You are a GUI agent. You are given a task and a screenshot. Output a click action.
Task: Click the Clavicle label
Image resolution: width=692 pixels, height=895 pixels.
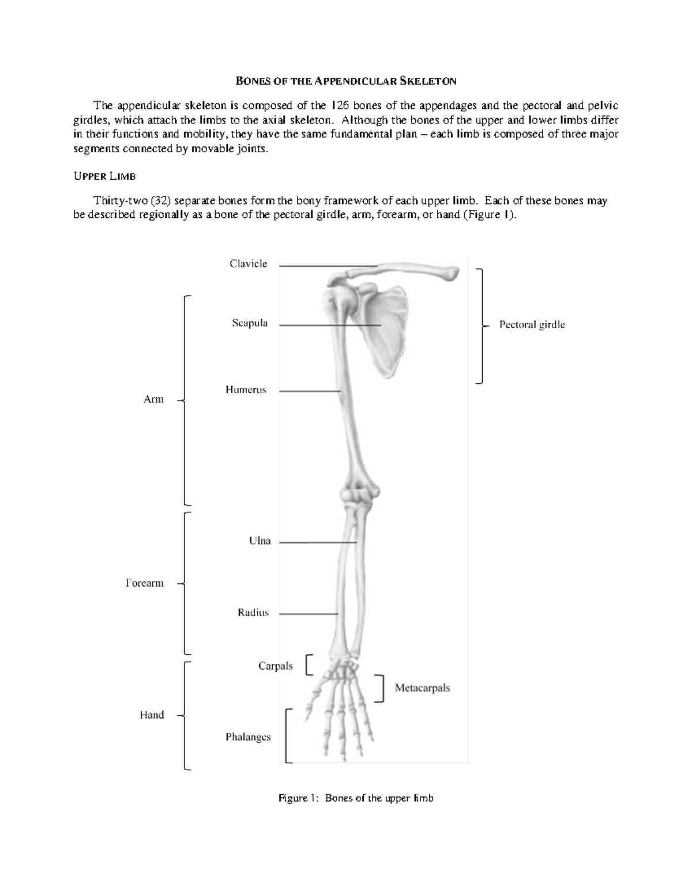click(x=248, y=264)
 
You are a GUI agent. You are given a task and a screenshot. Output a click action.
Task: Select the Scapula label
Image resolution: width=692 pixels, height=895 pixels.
click(x=250, y=323)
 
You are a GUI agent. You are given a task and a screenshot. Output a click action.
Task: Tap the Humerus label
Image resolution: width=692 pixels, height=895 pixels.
click(x=246, y=390)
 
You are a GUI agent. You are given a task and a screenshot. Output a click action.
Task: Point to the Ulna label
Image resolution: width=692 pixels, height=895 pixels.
click(x=259, y=542)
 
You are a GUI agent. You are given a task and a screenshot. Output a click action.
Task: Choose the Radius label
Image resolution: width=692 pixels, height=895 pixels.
click(x=253, y=613)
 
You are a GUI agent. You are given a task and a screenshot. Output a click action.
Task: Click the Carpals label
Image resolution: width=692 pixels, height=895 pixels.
click(x=275, y=666)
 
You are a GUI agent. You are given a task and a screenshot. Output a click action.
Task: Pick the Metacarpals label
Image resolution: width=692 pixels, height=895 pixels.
click(x=422, y=688)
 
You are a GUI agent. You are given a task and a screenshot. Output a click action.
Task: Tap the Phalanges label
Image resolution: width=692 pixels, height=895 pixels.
click(x=248, y=737)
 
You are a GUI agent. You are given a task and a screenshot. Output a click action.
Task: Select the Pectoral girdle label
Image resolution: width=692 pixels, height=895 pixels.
click(x=532, y=325)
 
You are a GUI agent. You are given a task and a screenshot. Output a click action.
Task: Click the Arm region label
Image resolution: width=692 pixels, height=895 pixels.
click(x=153, y=399)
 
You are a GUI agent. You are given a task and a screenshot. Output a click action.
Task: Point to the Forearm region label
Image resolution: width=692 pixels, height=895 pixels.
click(x=144, y=583)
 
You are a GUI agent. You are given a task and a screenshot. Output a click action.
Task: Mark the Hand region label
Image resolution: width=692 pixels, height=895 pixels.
click(x=152, y=715)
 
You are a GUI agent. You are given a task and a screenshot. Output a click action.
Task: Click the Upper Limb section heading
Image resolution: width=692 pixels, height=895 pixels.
click(x=104, y=176)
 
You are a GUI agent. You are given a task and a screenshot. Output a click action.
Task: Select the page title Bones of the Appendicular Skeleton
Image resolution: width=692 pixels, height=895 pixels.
click(x=346, y=81)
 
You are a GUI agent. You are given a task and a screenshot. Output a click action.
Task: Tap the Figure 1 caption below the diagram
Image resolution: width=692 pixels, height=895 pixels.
click(x=356, y=799)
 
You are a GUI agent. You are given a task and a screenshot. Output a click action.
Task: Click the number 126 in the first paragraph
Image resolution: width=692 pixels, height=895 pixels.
click(x=339, y=105)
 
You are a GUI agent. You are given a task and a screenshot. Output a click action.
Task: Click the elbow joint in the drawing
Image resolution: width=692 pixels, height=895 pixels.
click(x=359, y=495)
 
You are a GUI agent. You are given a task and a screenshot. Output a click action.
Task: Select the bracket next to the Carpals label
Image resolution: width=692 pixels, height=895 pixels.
click(x=310, y=664)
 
